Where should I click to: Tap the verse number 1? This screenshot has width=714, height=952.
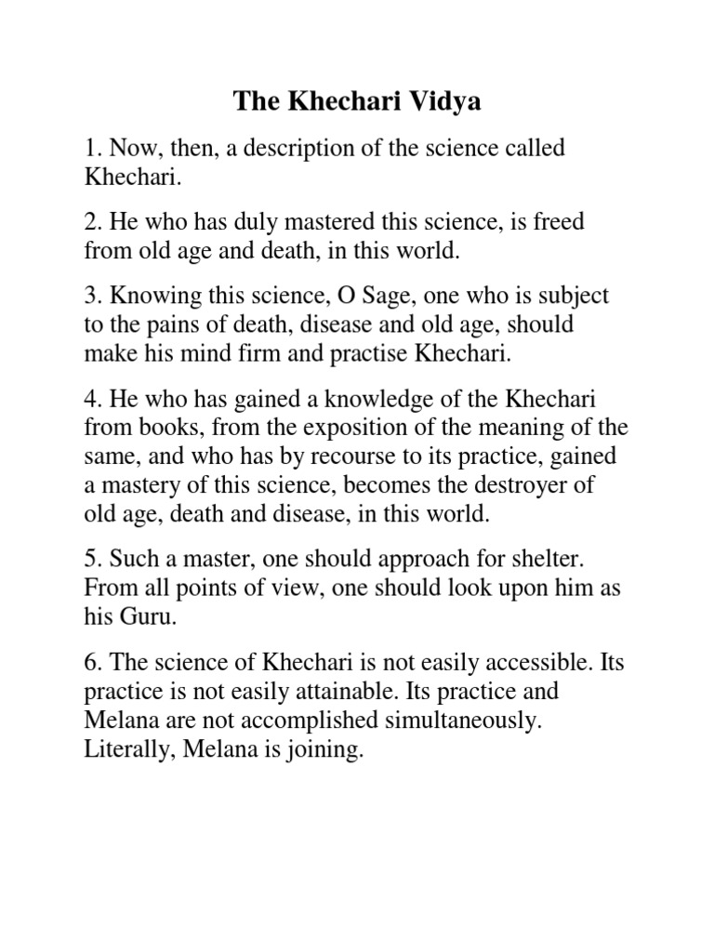[x=89, y=150]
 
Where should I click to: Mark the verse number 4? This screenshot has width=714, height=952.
[x=89, y=399]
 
